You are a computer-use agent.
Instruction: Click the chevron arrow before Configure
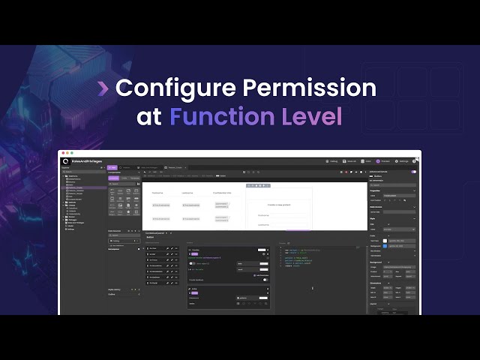pos(103,88)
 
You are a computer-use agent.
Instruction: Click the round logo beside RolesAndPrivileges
pos(66,161)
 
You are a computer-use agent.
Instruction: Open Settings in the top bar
pos(403,161)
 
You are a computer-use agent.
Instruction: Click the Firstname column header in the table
pos(158,193)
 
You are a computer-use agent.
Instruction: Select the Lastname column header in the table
pos(187,193)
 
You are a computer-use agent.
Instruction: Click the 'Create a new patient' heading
pos(278,203)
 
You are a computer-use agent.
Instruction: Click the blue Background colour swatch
pos(385,246)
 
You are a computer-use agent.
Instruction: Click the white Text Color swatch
pos(385,240)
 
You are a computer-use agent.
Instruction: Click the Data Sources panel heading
pos(115,230)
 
